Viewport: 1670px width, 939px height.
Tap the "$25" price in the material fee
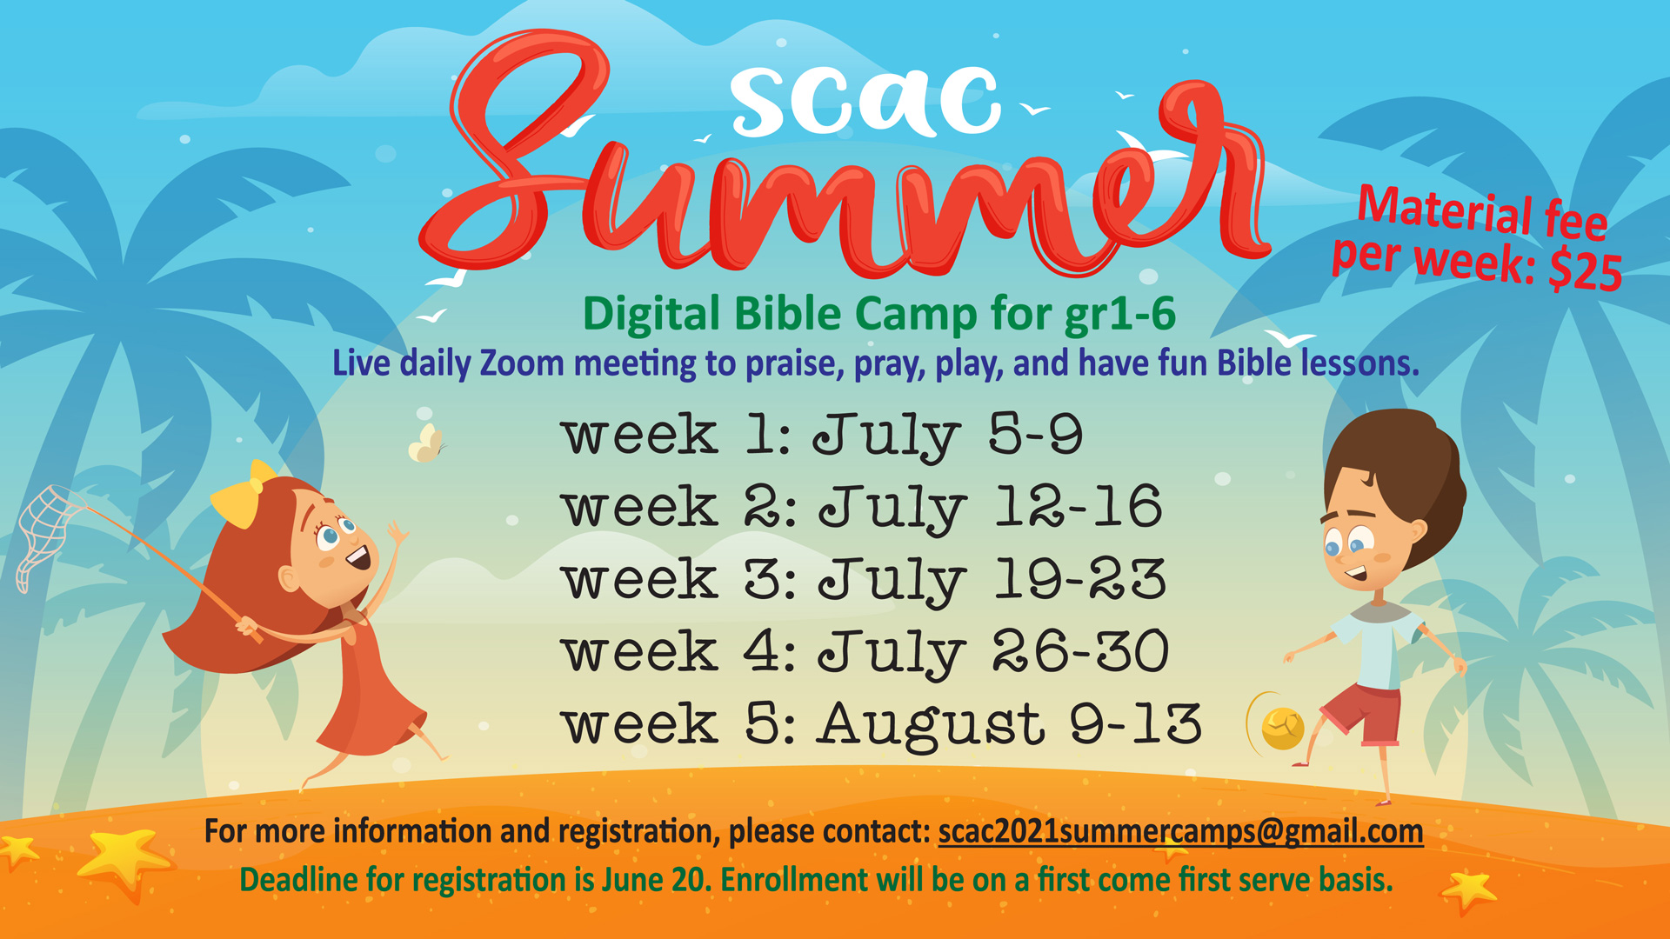tap(1585, 271)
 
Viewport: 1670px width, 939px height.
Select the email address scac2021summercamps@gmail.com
tap(1180, 832)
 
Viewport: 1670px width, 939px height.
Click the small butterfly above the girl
tap(426, 443)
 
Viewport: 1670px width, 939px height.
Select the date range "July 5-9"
tap(948, 436)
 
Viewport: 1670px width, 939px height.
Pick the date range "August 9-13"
tap(1009, 724)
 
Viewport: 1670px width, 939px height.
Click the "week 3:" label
tap(679, 580)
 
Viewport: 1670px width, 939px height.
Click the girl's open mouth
tap(359, 557)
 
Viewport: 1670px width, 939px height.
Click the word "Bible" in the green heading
tap(789, 314)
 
